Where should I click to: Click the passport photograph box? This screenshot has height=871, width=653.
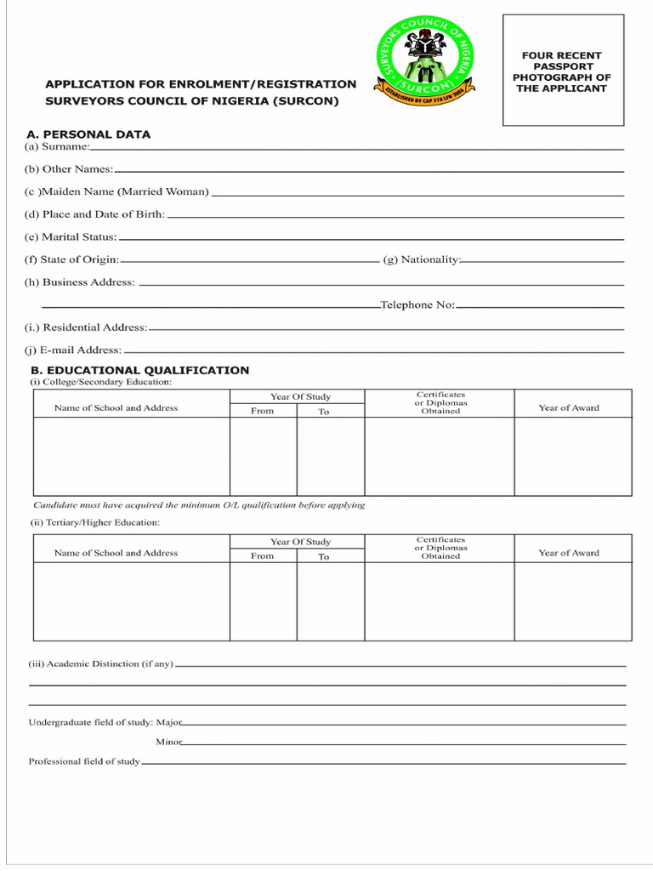(x=564, y=71)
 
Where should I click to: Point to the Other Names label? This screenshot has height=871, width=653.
(x=69, y=169)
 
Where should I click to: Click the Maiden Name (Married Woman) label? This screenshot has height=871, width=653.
(x=116, y=191)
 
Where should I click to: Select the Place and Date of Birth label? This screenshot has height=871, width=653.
(x=94, y=214)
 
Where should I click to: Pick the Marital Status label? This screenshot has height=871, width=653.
(x=71, y=236)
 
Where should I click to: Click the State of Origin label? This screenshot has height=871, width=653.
(x=71, y=259)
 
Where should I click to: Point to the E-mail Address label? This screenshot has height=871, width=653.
(x=73, y=350)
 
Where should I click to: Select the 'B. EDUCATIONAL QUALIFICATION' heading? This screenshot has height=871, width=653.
(x=140, y=370)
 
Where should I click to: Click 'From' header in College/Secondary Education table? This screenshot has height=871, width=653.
(x=263, y=411)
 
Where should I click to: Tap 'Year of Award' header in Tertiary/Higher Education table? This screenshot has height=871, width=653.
(x=569, y=553)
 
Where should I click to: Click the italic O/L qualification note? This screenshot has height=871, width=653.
(x=199, y=504)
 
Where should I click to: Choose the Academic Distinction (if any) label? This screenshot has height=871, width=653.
(x=101, y=663)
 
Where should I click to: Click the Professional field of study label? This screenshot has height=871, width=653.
(x=84, y=761)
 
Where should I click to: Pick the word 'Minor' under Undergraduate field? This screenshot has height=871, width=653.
(x=168, y=742)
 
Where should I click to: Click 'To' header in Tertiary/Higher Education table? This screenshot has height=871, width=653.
(x=324, y=556)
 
